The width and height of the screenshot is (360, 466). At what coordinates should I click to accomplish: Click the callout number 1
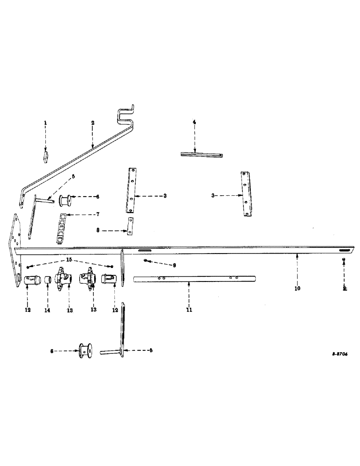point(45,123)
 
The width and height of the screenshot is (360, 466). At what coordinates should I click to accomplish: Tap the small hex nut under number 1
point(45,155)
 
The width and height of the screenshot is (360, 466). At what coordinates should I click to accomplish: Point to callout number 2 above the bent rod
point(93,123)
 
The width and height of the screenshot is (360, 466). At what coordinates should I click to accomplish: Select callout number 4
point(194,123)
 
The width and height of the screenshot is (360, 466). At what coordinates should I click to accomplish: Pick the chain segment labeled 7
point(61,228)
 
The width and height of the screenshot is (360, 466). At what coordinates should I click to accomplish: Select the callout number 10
point(298,288)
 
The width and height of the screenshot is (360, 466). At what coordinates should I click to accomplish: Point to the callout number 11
point(189,309)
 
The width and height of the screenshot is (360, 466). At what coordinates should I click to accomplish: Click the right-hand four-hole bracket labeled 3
point(244,193)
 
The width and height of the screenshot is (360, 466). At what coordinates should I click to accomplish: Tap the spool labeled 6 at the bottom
point(84,350)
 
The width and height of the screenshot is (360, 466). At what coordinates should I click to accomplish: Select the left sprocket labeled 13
point(62,281)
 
